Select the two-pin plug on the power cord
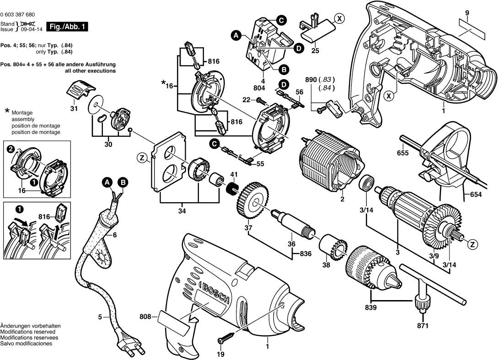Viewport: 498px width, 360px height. click(128, 343)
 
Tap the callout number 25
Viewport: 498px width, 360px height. click(315, 51)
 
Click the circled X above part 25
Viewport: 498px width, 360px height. click(338, 19)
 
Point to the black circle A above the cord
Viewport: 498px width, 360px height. click(107, 183)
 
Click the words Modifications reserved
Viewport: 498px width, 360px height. click(28, 331)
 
